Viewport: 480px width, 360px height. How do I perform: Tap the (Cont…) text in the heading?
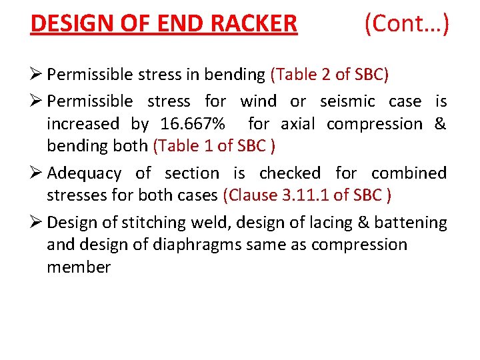(406, 24)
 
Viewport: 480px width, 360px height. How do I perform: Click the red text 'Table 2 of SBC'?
(330, 74)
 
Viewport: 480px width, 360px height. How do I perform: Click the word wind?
(258, 101)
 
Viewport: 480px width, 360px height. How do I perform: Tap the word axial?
(300, 124)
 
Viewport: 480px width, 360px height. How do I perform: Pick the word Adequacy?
(85, 173)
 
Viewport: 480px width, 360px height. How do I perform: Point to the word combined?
(409, 173)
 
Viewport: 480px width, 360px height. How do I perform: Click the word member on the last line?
(79, 267)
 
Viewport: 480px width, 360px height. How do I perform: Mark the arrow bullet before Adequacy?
(36, 173)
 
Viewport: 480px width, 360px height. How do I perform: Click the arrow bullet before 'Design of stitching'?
(36, 221)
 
